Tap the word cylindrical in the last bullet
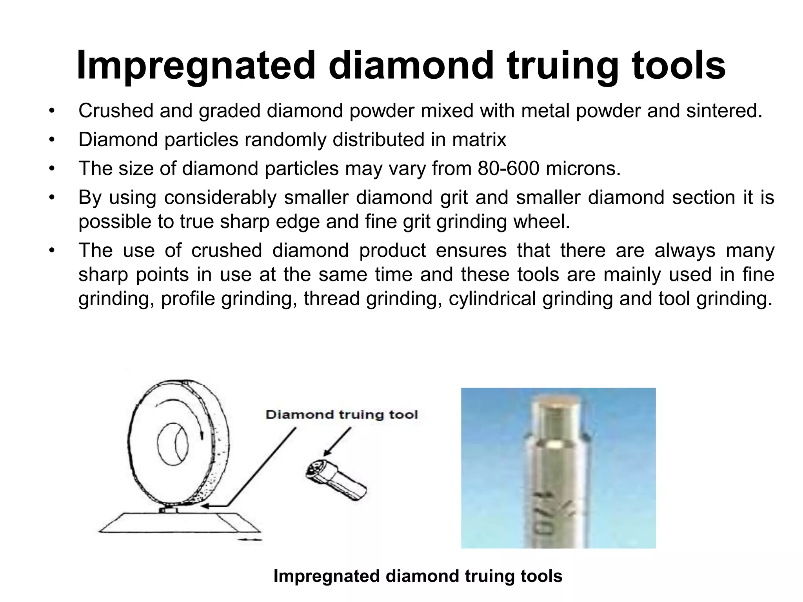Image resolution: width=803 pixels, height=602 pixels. point(492,299)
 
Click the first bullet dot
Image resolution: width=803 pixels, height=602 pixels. point(51,111)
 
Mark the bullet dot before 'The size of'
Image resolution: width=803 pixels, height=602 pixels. point(51,169)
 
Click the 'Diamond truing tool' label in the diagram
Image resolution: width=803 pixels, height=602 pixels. point(342,415)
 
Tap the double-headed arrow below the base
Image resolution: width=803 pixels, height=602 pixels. point(250,540)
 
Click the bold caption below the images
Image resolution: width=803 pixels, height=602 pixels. point(418,576)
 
